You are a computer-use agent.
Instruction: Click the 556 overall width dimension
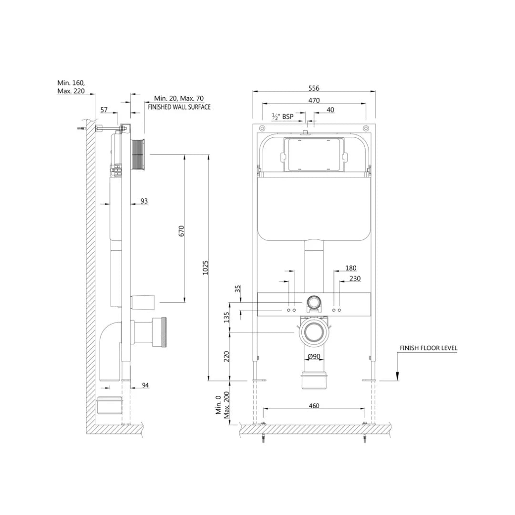pyautogui.click(x=313, y=88)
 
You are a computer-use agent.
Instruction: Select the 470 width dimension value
pyautogui.click(x=313, y=100)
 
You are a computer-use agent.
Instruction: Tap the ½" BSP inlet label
pyautogui.click(x=282, y=116)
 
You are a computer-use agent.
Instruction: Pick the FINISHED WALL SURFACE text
pyautogui.click(x=179, y=107)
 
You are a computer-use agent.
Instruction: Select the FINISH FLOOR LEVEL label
pyautogui.click(x=428, y=348)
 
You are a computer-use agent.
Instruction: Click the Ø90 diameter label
pyautogui.click(x=313, y=357)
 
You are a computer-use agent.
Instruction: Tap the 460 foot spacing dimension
pyautogui.click(x=313, y=406)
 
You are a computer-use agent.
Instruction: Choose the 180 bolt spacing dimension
pyautogui.click(x=350, y=268)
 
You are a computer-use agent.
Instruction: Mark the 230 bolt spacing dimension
pyautogui.click(x=355, y=278)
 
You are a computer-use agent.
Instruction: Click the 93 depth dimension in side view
pyautogui.click(x=144, y=201)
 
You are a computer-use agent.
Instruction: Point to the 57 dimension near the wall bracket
pyautogui.click(x=104, y=110)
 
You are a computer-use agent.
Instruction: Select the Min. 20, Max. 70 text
pyautogui.click(x=178, y=98)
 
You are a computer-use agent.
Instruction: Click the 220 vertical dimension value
pyautogui.click(x=227, y=356)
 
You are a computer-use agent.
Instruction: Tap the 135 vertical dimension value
pyautogui.click(x=227, y=317)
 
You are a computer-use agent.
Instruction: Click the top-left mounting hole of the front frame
pyautogui.click(x=261, y=128)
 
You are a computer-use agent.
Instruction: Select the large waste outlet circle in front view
pyautogui.click(x=313, y=333)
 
